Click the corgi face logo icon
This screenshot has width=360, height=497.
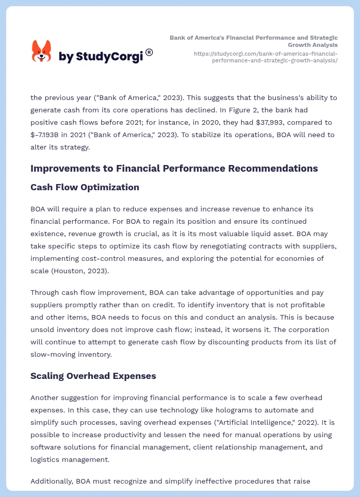[42, 52]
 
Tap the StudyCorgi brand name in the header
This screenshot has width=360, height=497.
[101, 56]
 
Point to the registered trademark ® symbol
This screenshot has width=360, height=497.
[149, 52]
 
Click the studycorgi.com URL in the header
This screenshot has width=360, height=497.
[266, 57]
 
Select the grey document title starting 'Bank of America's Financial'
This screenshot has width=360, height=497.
[254, 41]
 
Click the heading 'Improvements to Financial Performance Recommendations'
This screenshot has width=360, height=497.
[174, 168]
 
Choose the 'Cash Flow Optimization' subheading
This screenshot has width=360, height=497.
[85, 187]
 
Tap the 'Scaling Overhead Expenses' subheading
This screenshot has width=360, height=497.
[93, 376]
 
